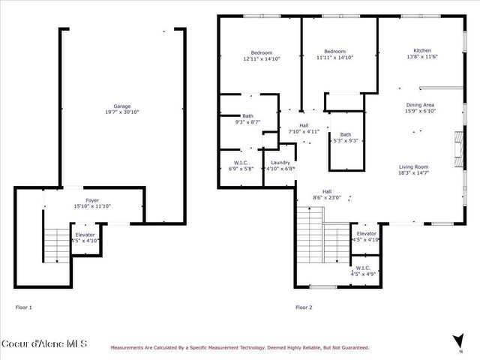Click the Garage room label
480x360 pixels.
121,106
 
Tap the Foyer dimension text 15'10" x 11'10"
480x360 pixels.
91,206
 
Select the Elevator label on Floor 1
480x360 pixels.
84,234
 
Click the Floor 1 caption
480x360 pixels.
25,307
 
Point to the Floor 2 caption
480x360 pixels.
303,307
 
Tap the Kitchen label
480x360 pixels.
421,50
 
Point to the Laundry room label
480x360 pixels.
280,162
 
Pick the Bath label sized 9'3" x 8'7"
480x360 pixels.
247,116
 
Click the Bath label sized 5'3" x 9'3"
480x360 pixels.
346,134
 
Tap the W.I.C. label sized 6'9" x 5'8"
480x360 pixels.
241,162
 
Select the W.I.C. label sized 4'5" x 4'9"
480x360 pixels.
363,268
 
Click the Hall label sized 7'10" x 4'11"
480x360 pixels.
304,125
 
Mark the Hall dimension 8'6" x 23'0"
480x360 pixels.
327,198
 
